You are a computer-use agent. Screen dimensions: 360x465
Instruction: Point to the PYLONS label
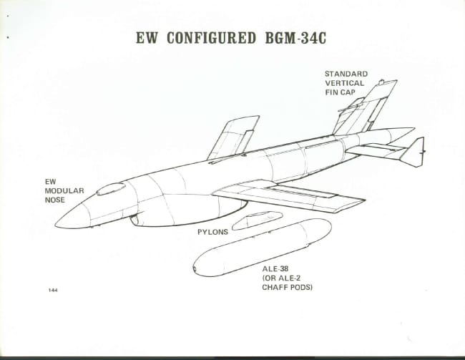[x=213, y=233]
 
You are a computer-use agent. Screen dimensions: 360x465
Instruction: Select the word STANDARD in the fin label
[x=346, y=74]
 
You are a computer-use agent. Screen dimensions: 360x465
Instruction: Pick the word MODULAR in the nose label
[x=65, y=191]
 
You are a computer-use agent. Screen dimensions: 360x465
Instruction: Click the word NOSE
[x=54, y=200]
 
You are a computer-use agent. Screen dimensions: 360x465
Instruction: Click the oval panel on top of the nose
[x=110, y=189]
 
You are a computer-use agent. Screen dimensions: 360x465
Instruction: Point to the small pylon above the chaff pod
[x=258, y=219]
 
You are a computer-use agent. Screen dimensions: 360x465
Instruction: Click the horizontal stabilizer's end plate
[x=413, y=152]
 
